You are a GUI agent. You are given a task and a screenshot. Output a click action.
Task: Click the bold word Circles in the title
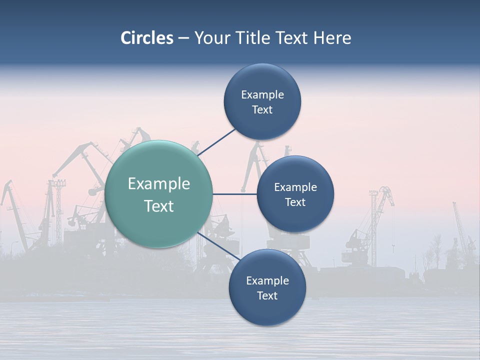146,38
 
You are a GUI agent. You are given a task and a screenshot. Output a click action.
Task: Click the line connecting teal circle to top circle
216,142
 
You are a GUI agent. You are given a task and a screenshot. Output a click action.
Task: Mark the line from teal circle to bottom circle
219,246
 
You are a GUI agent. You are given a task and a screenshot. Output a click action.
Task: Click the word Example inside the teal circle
158,184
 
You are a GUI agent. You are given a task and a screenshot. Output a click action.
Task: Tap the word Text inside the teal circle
158,206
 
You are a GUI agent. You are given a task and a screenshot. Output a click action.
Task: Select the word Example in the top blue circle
262,95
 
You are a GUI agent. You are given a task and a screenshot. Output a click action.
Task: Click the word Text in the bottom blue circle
267,295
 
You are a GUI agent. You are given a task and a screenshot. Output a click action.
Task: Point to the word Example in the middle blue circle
295,187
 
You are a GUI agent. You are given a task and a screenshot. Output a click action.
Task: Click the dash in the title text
183,38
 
